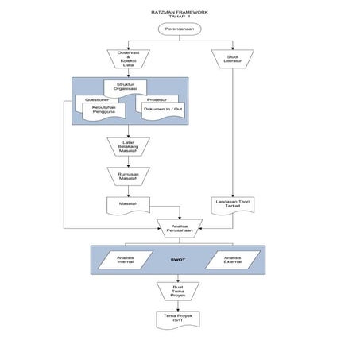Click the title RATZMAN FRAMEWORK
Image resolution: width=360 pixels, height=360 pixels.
point(179,12)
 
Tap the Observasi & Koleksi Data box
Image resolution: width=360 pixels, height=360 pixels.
point(128,59)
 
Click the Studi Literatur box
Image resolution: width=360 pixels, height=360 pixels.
point(232,59)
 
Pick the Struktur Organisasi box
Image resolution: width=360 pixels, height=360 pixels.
point(125,87)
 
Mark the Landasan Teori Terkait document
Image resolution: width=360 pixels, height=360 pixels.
point(232,204)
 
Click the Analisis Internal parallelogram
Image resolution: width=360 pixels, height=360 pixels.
point(126,259)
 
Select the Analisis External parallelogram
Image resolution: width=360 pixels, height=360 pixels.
point(232,259)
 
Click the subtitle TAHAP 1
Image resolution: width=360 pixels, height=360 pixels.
point(180,17)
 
